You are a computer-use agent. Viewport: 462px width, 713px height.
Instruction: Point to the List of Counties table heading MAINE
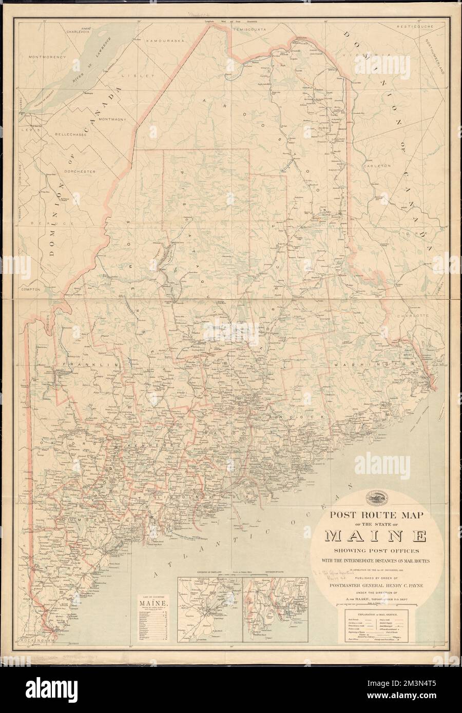pos(152,603)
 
